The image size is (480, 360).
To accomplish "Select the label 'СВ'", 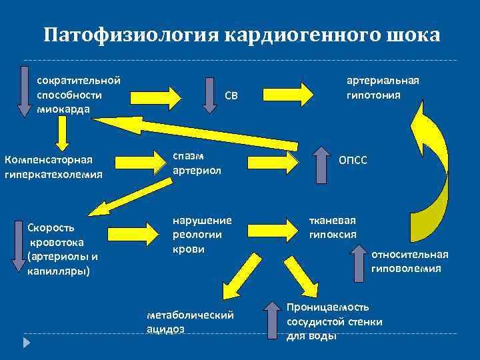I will (231, 96).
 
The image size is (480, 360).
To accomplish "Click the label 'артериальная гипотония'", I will (382, 87).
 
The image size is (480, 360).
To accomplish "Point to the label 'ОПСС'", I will (353, 161).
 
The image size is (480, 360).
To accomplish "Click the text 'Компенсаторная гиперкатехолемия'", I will (53, 167).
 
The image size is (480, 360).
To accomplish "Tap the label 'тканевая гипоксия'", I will (332, 227).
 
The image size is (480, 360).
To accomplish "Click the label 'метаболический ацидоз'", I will (189, 322).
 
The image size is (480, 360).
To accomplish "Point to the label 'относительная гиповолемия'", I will (409, 261).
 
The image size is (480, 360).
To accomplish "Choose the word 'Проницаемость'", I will (327, 307).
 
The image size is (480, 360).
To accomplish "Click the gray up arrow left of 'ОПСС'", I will (321, 163).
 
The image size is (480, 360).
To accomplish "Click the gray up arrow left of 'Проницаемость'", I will (272, 319).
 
